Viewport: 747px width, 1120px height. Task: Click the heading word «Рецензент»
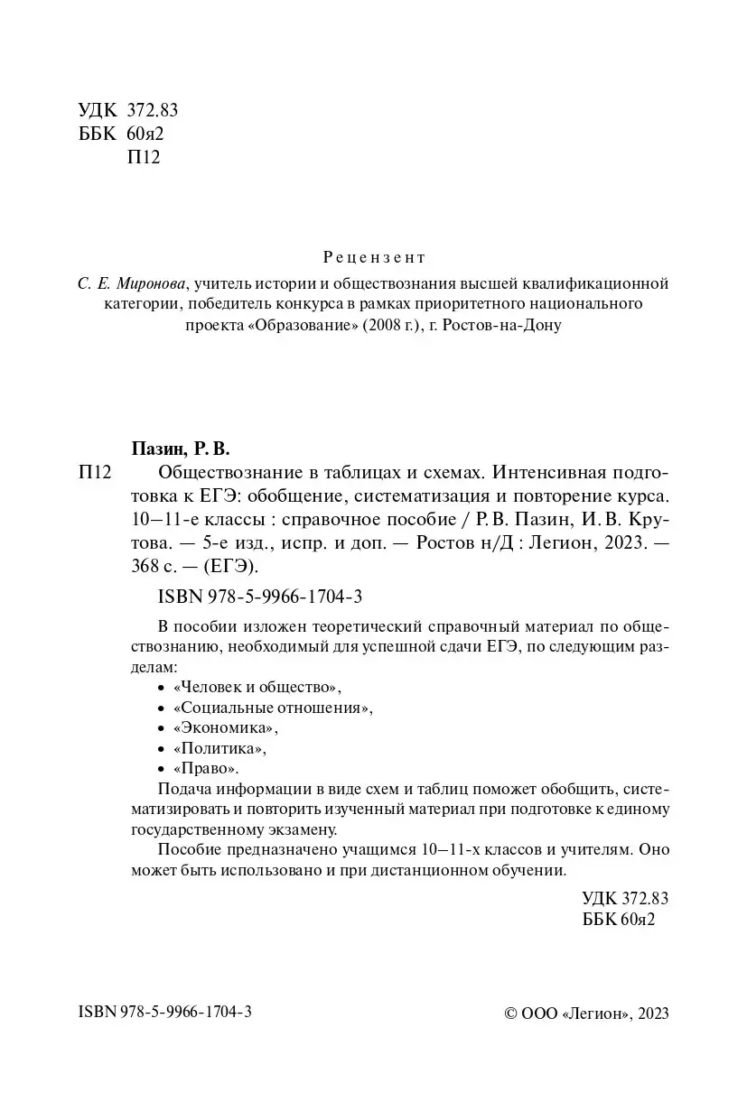[x=373, y=257]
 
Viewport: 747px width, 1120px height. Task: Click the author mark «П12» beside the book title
[x=95, y=472]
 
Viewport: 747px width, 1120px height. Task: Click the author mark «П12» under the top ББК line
[x=145, y=158]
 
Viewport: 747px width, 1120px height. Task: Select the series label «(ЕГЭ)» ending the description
[x=232, y=566]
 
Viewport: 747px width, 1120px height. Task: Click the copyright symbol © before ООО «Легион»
[x=510, y=1014]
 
